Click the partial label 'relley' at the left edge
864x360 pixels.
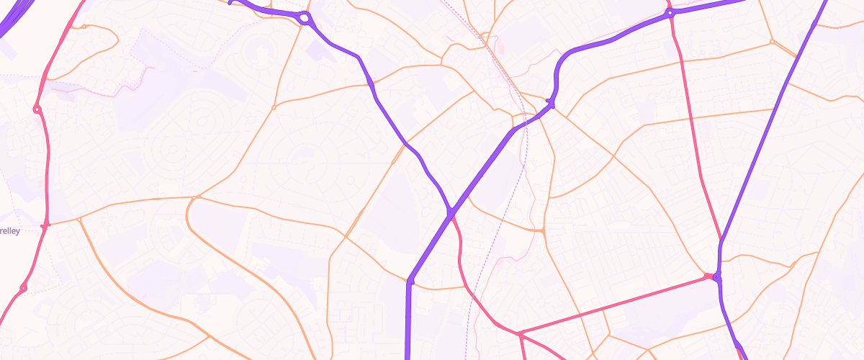click(x=10, y=230)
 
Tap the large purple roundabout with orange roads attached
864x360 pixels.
click(x=305, y=18)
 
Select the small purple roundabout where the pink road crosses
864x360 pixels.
click(x=670, y=13)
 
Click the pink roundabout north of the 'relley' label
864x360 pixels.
click(x=36, y=110)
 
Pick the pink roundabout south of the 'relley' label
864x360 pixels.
click(x=23, y=288)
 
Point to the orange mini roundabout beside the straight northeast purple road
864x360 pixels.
click(x=772, y=42)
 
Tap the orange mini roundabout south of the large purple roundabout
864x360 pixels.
click(x=274, y=108)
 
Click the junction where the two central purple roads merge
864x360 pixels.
click(x=451, y=213)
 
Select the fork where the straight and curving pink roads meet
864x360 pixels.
click(x=518, y=333)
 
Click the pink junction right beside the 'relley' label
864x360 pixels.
click(x=46, y=225)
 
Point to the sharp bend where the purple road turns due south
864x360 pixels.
click(x=409, y=281)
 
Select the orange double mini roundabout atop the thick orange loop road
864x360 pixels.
click(x=196, y=197)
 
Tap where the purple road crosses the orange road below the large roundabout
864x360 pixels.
click(x=370, y=84)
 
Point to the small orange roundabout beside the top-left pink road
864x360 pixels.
click(x=84, y=27)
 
